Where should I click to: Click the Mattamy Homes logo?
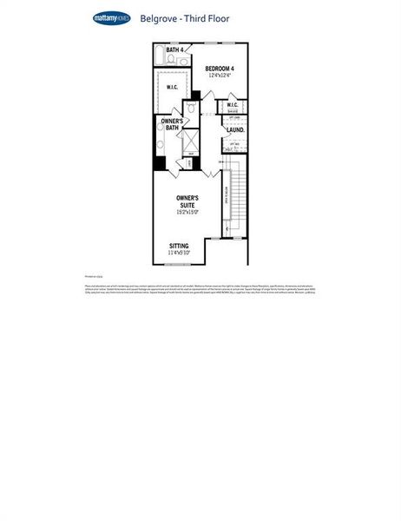point(112,16)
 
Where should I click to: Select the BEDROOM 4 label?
point(220,69)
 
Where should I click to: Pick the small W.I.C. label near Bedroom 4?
point(233,106)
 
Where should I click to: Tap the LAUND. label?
point(235,130)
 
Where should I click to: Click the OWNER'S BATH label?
point(171,124)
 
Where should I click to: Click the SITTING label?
point(179,246)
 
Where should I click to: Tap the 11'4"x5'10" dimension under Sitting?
point(179,254)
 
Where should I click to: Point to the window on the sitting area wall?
point(178,264)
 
